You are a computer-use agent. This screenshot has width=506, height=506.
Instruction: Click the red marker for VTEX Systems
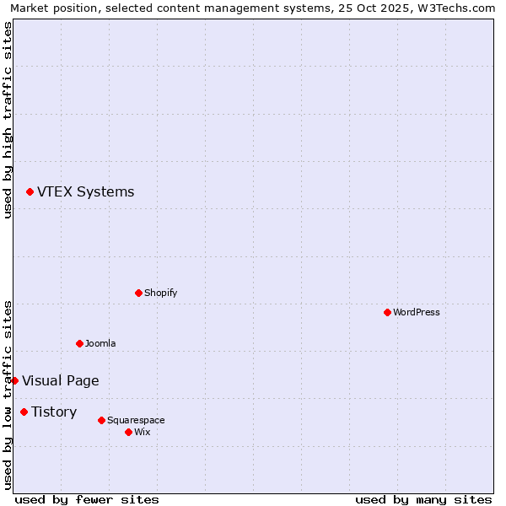click(30, 192)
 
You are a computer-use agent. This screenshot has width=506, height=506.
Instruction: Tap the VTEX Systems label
click(85, 192)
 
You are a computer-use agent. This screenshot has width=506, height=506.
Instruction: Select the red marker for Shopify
click(138, 293)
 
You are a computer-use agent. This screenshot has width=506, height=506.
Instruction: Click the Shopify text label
click(160, 293)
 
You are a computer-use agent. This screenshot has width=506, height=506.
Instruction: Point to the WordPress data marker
click(387, 312)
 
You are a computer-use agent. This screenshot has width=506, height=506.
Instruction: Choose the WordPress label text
click(416, 313)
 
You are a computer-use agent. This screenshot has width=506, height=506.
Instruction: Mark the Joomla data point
click(79, 343)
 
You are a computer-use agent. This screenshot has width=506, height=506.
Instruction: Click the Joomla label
click(100, 344)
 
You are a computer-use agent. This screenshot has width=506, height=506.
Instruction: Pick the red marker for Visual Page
click(14, 380)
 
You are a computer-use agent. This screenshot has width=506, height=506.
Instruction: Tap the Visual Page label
click(60, 381)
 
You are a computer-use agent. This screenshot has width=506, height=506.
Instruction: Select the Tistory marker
click(24, 412)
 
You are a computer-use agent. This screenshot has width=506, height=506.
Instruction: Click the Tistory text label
click(54, 412)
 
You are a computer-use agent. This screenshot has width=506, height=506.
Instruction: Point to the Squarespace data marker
click(101, 420)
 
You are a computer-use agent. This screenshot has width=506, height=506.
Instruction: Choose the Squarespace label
click(136, 421)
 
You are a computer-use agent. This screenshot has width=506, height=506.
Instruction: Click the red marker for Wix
click(128, 432)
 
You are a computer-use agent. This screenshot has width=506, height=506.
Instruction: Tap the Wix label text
click(142, 433)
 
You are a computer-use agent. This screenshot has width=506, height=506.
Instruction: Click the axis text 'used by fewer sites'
click(87, 499)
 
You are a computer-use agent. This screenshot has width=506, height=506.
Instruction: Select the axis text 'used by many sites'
click(423, 499)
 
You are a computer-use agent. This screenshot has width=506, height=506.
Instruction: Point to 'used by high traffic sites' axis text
click(8, 120)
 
